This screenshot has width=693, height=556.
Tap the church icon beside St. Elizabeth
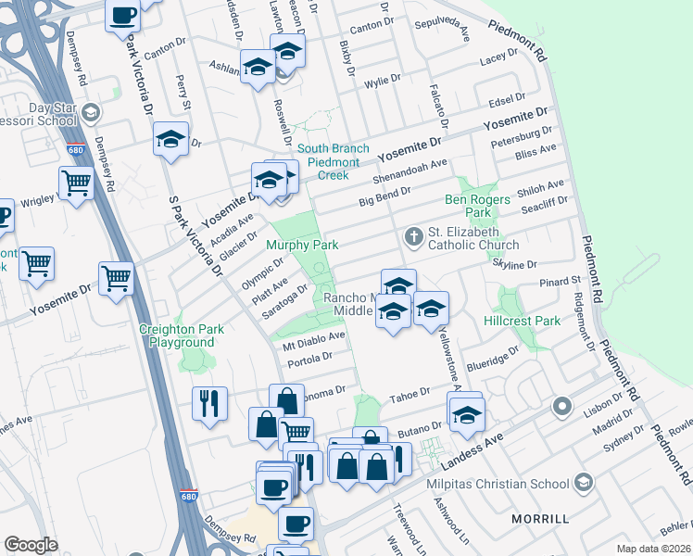413,238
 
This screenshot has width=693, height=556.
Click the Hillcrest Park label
523,321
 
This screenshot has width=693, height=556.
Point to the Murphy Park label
301,245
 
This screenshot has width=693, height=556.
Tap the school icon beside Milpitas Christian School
583,482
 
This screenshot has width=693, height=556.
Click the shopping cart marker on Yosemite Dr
116,276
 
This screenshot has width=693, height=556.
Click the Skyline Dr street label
515,264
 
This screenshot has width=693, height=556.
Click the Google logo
31,545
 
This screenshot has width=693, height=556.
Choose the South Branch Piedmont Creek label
334,161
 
